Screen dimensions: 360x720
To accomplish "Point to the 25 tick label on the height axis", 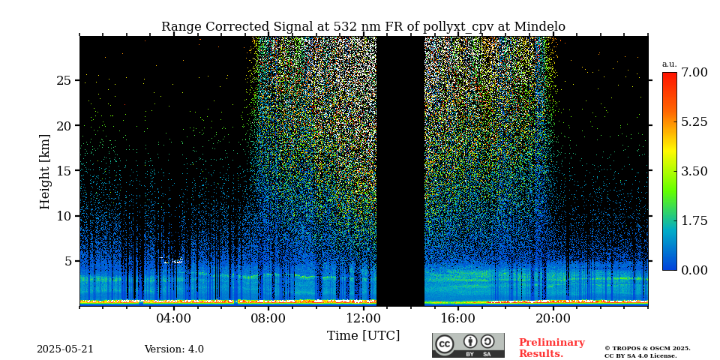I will tap(64, 80).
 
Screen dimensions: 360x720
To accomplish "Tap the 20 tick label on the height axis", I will tap(64, 125).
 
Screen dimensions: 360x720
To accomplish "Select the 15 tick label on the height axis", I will tap(64, 171).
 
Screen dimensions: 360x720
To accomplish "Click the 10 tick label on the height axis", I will tap(64, 216).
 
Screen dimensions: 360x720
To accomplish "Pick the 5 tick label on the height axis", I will tap(67, 261).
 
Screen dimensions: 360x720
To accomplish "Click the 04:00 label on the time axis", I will tap(174, 318).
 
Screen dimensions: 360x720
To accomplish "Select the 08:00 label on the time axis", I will tap(268, 318).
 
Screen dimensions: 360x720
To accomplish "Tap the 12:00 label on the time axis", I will tap(364, 318).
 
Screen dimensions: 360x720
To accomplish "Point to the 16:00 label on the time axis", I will tap(458, 318).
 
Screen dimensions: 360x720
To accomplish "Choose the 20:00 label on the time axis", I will tap(553, 318).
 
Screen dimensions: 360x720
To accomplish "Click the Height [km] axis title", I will tap(45, 171).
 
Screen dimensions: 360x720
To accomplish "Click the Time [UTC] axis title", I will tap(363, 335).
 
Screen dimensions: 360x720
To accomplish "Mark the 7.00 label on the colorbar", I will tap(694, 73).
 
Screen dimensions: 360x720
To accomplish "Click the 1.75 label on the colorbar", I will tap(694, 220).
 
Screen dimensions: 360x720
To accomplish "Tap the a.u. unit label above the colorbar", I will tap(669, 64).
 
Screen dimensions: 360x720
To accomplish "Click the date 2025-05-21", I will tap(65, 349).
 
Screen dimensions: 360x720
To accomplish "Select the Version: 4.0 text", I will tap(174, 349).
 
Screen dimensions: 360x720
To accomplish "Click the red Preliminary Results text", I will tap(551, 348).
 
